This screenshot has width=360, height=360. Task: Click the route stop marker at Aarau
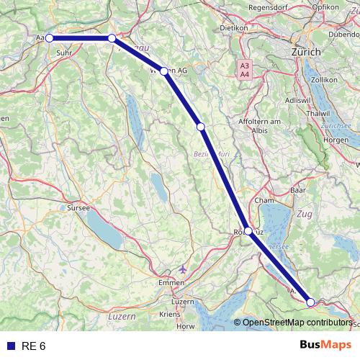point(49,38)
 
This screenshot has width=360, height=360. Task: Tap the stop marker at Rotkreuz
point(248,231)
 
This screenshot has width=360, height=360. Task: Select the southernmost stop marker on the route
point(311,302)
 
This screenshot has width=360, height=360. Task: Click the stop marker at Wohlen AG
point(164,71)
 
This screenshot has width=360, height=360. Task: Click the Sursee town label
point(78,207)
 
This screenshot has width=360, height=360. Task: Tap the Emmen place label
point(171,284)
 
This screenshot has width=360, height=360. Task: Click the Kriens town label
point(170,315)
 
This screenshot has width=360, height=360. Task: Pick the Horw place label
point(186,326)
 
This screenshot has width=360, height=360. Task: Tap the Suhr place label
point(63,53)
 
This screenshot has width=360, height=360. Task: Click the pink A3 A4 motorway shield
point(245,69)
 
